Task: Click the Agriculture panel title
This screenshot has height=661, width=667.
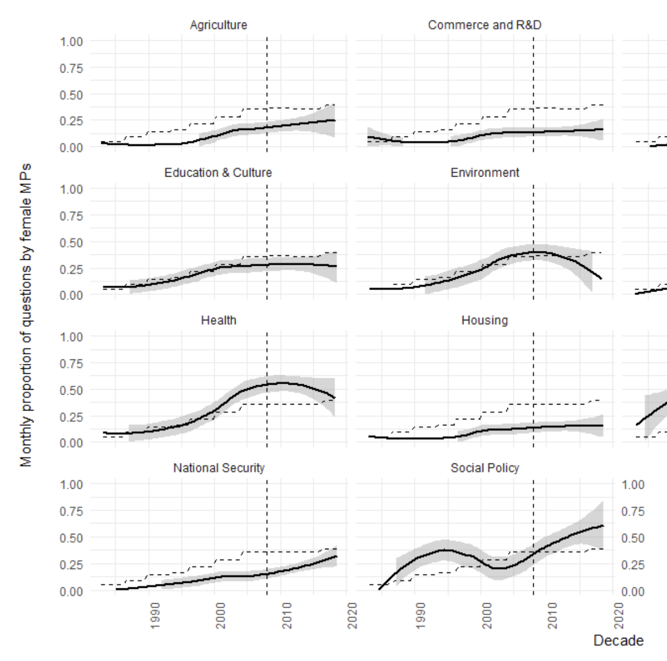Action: [218, 25]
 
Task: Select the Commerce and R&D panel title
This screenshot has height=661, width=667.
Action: [484, 25]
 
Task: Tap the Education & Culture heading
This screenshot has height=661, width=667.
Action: [218, 173]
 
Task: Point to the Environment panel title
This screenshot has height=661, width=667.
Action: [484, 173]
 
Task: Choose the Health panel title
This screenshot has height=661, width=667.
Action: [218, 320]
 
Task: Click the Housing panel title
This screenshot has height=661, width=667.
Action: [484, 320]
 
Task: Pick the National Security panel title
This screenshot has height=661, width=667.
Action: [218, 468]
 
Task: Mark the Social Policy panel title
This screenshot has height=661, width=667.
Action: [484, 468]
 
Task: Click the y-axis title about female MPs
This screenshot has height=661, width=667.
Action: [26, 315]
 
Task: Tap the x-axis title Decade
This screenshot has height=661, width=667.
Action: [618, 641]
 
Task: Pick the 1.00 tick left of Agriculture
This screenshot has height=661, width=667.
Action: [72, 42]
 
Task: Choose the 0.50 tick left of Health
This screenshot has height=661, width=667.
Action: [72, 390]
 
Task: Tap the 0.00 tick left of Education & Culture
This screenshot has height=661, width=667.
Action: [72, 295]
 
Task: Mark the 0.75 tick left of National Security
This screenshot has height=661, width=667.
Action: [72, 511]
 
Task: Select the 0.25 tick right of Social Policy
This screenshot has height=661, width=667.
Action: [633, 565]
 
